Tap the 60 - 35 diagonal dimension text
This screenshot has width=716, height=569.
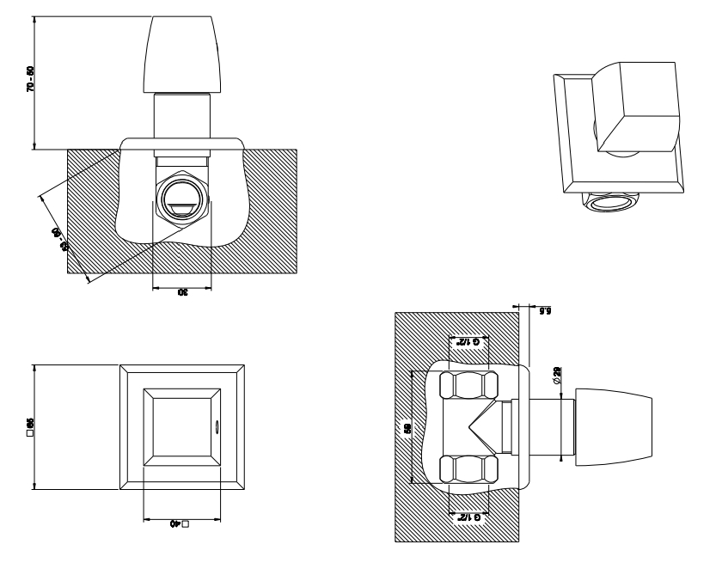pos(60,239)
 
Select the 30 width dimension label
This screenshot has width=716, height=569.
pos(181,293)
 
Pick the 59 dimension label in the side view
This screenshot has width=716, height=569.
pos(408,427)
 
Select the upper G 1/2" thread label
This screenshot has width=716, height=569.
pos(468,342)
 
